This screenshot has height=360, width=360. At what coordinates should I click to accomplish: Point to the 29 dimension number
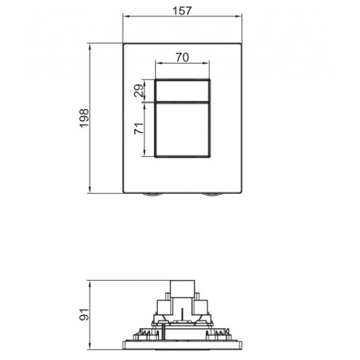point(139,91)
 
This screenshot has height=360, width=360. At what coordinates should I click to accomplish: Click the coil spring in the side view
point(161,330)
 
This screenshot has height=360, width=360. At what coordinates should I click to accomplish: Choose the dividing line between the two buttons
point(182,101)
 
